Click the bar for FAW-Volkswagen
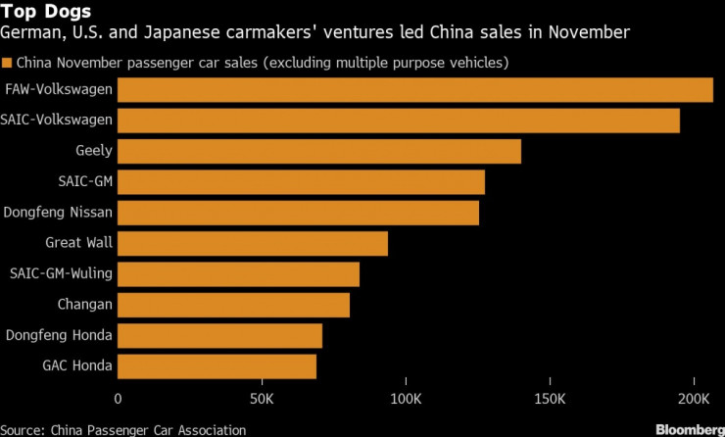pyautogui.click(x=415, y=90)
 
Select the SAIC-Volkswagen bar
pyautogui.click(x=399, y=121)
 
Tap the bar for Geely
pyautogui.click(x=319, y=151)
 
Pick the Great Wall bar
pyautogui.click(x=253, y=243)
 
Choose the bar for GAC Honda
pyautogui.click(x=217, y=366)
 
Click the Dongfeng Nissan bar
pyautogui.click(x=299, y=213)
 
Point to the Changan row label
pyautogui.click(x=85, y=305)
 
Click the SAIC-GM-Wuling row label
pyautogui.click(x=61, y=273)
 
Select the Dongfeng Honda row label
pyautogui.click(x=59, y=336)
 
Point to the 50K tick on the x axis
pyautogui.click(x=262, y=400)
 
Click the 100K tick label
pyautogui.click(x=406, y=400)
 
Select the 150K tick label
pyautogui.click(x=550, y=400)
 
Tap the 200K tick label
pyautogui.click(x=694, y=400)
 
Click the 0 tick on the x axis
pyautogui.click(x=119, y=400)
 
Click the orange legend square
pyautogui.click(x=8, y=63)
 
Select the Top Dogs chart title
pyautogui.click(x=46, y=13)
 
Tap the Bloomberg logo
pyautogui.click(x=683, y=428)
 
